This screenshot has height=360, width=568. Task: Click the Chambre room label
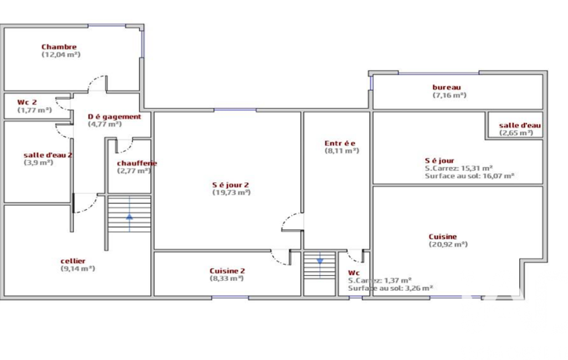click(x=59, y=47)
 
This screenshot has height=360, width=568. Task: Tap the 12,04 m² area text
click(x=61, y=55)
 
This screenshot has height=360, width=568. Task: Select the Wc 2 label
click(x=27, y=102)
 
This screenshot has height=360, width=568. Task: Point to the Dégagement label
click(x=115, y=117)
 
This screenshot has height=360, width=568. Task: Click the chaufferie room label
click(x=137, y=163)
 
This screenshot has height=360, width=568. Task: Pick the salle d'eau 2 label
click(x=48, y=155)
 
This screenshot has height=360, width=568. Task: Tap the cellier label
click(x=73, y=261)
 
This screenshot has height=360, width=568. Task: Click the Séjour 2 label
click(x=231, y=185)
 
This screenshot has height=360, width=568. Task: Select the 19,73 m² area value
click(x=232, y=193)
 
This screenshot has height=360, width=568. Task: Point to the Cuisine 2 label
click(x=227, y=271)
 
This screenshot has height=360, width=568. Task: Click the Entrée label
click(x=340, y=143)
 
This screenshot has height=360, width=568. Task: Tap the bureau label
click(x=447, y=88)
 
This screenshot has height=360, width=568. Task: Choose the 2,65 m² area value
click(x=516, y=133)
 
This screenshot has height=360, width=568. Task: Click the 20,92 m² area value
click(x=448, y=244)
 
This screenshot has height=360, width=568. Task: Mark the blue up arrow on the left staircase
click(x=129, y=217)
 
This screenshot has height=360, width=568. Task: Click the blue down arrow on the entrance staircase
click(x=320, y=261)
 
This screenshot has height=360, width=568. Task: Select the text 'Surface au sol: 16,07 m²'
click(x=469, y=176)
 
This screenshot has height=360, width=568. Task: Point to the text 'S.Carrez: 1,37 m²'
click(x=380, y=280)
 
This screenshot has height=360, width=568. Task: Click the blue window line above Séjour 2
click(x=235, y=110)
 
